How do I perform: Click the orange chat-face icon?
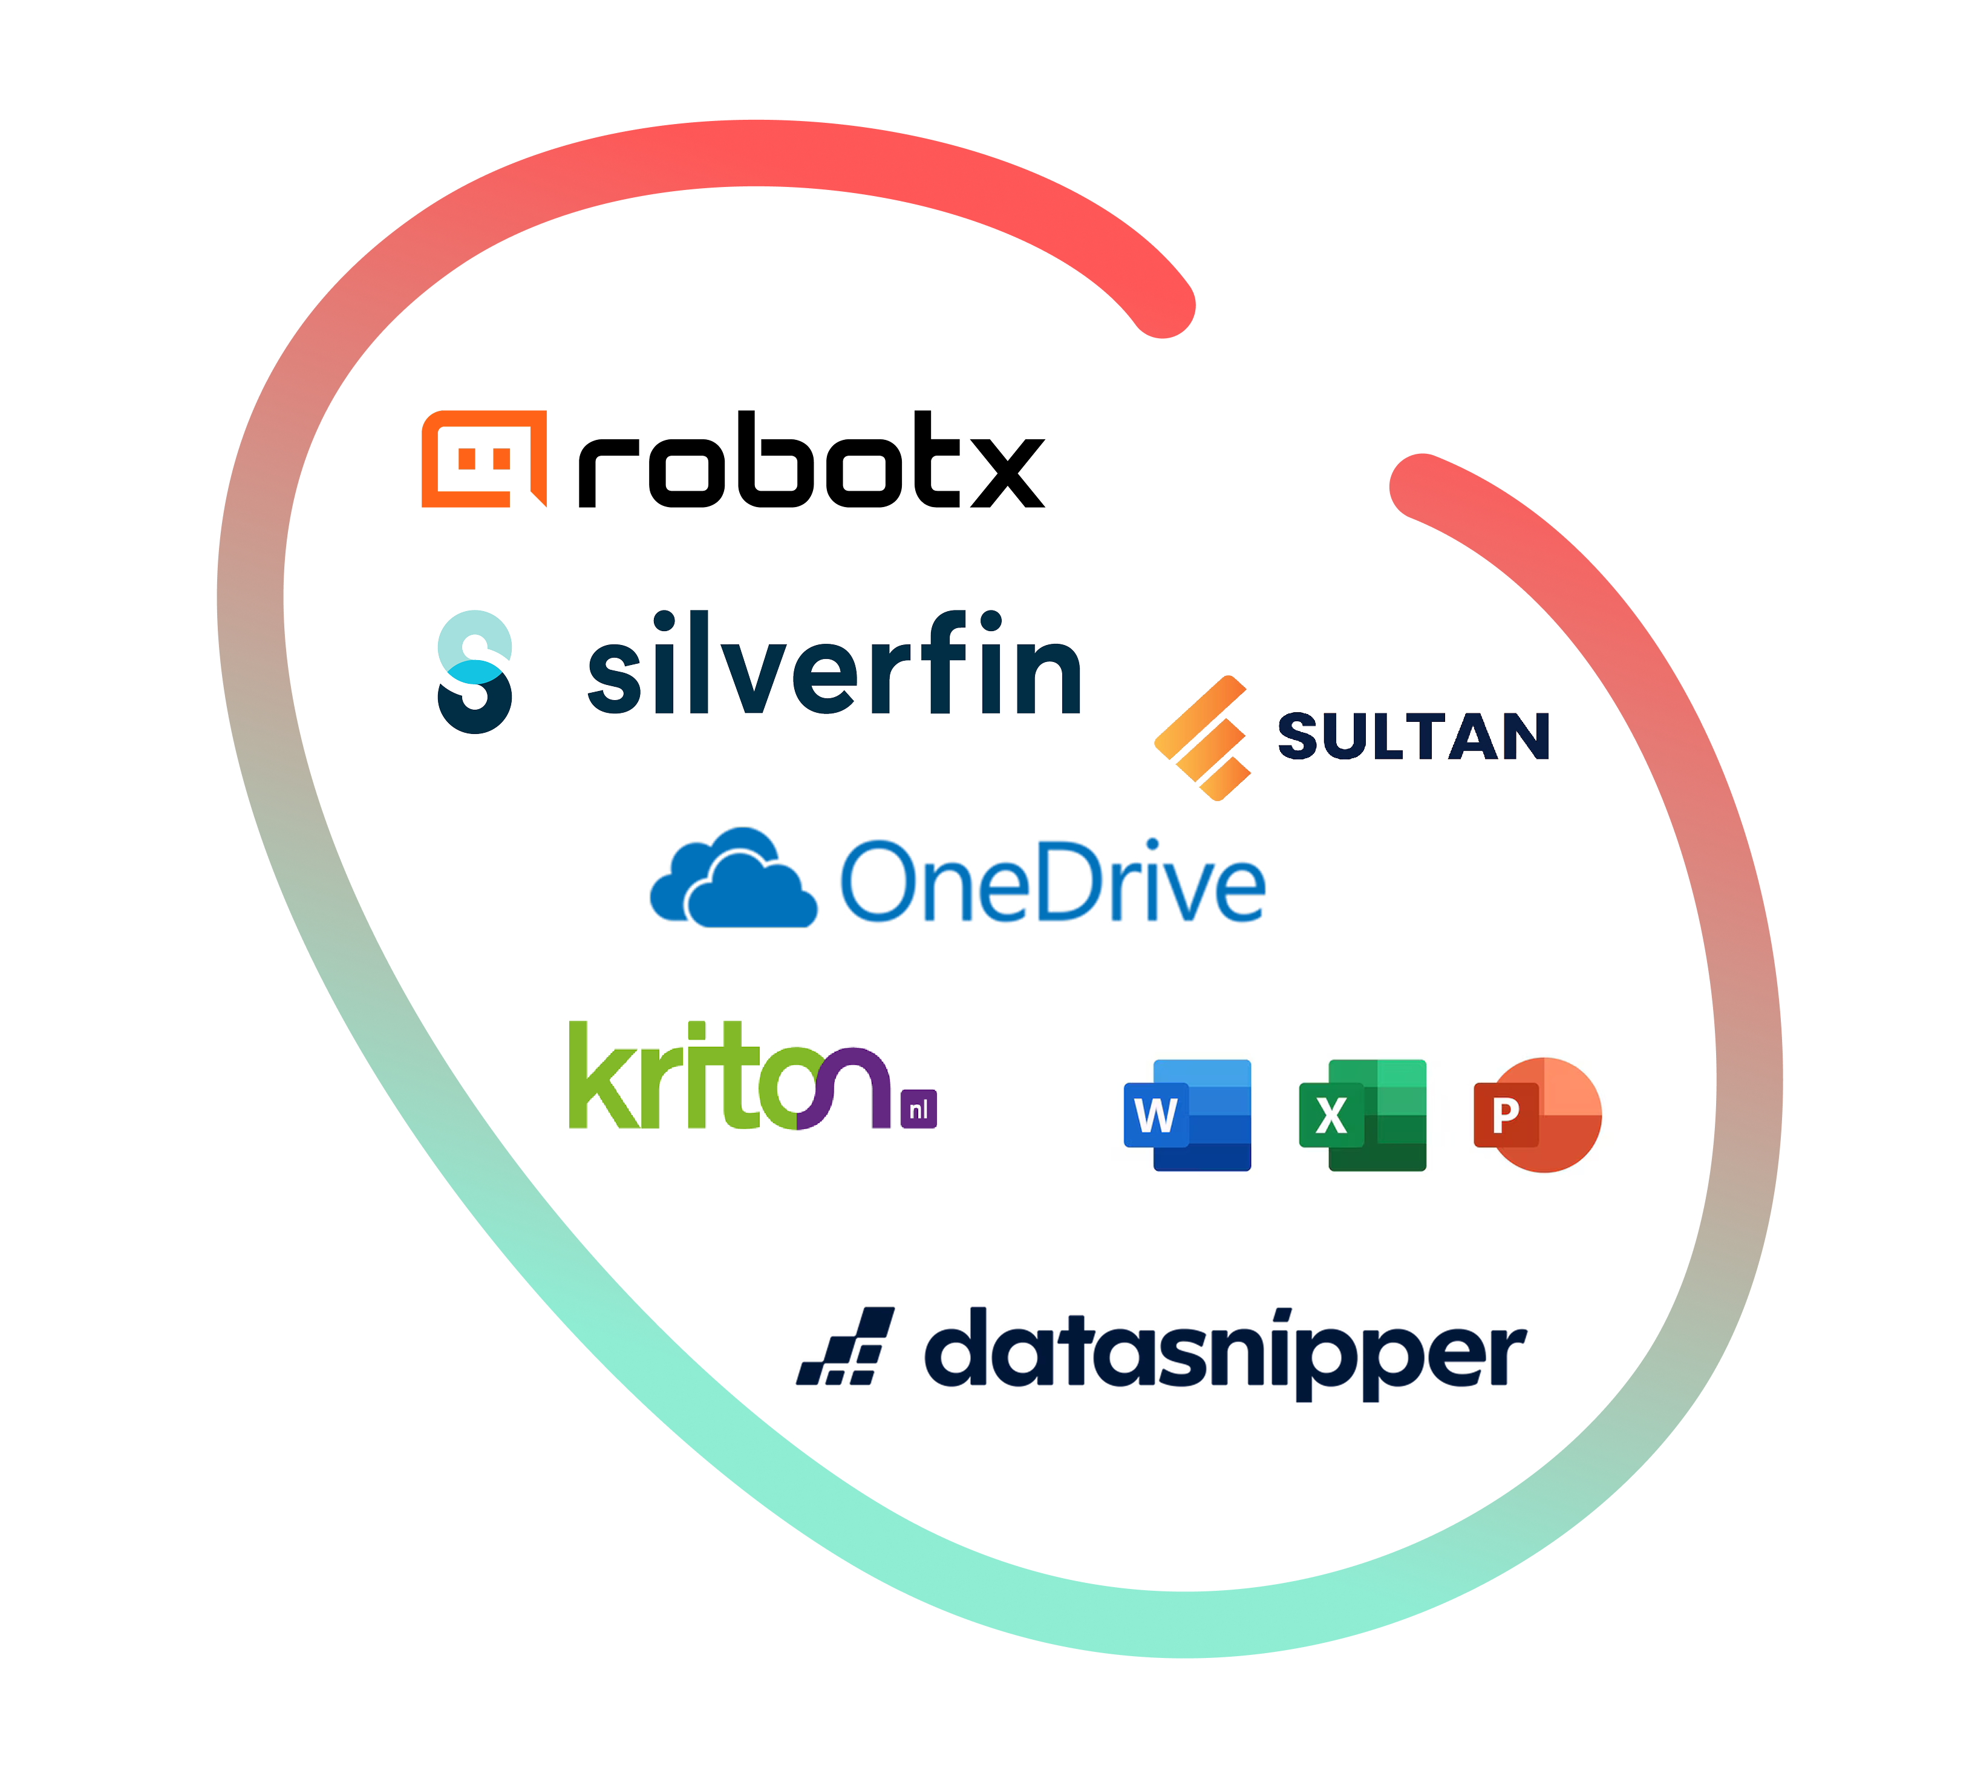pos(483,458)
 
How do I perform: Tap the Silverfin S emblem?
pos(475,670)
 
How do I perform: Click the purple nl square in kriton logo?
pos(918,1109)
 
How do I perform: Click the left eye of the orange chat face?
pos(467,457)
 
